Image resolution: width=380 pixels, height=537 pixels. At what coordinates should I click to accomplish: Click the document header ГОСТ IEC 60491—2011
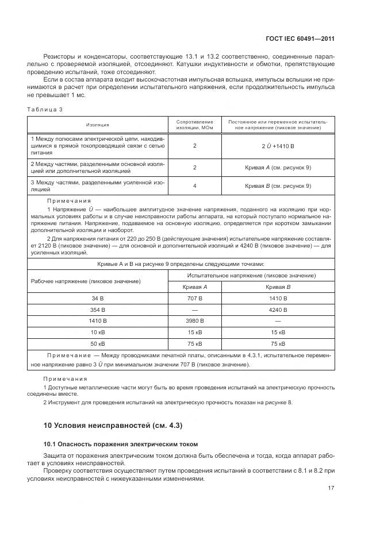coord(301,39)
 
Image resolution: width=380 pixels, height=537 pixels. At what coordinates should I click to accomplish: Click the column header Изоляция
coord(98,125)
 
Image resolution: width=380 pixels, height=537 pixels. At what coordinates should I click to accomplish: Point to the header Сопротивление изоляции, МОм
coord(194,125)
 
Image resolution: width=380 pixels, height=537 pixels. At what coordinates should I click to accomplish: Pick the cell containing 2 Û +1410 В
coord(278,146)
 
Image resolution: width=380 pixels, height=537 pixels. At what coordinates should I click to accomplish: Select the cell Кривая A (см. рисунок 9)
coord(278,167)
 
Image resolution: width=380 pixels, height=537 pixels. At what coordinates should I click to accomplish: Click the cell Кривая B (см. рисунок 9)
coord(278,186)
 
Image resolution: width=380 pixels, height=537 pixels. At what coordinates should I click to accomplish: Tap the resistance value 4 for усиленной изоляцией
coord(194,186)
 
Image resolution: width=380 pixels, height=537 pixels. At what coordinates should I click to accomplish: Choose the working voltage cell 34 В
coord(98,299)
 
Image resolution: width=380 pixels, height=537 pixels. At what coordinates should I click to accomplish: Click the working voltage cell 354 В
coord(98,310)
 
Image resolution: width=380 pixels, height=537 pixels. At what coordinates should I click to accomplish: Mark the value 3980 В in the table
coord(194,321)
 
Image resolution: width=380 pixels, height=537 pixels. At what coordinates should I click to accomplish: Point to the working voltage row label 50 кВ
coord(98,343)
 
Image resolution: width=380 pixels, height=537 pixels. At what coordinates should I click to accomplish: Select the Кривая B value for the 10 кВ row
coord(278,333)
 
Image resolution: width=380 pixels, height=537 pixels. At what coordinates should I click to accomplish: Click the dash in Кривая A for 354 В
coord(194,310)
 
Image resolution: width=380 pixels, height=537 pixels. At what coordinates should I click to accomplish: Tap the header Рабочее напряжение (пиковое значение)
coord(86,281)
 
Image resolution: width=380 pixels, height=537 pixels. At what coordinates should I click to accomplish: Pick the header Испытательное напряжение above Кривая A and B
coord(251,276)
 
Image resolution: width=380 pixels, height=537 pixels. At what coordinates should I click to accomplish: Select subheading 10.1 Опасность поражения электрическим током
coord(121,444)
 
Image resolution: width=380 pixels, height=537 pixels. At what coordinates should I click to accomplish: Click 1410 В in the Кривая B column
coord(278,299)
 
